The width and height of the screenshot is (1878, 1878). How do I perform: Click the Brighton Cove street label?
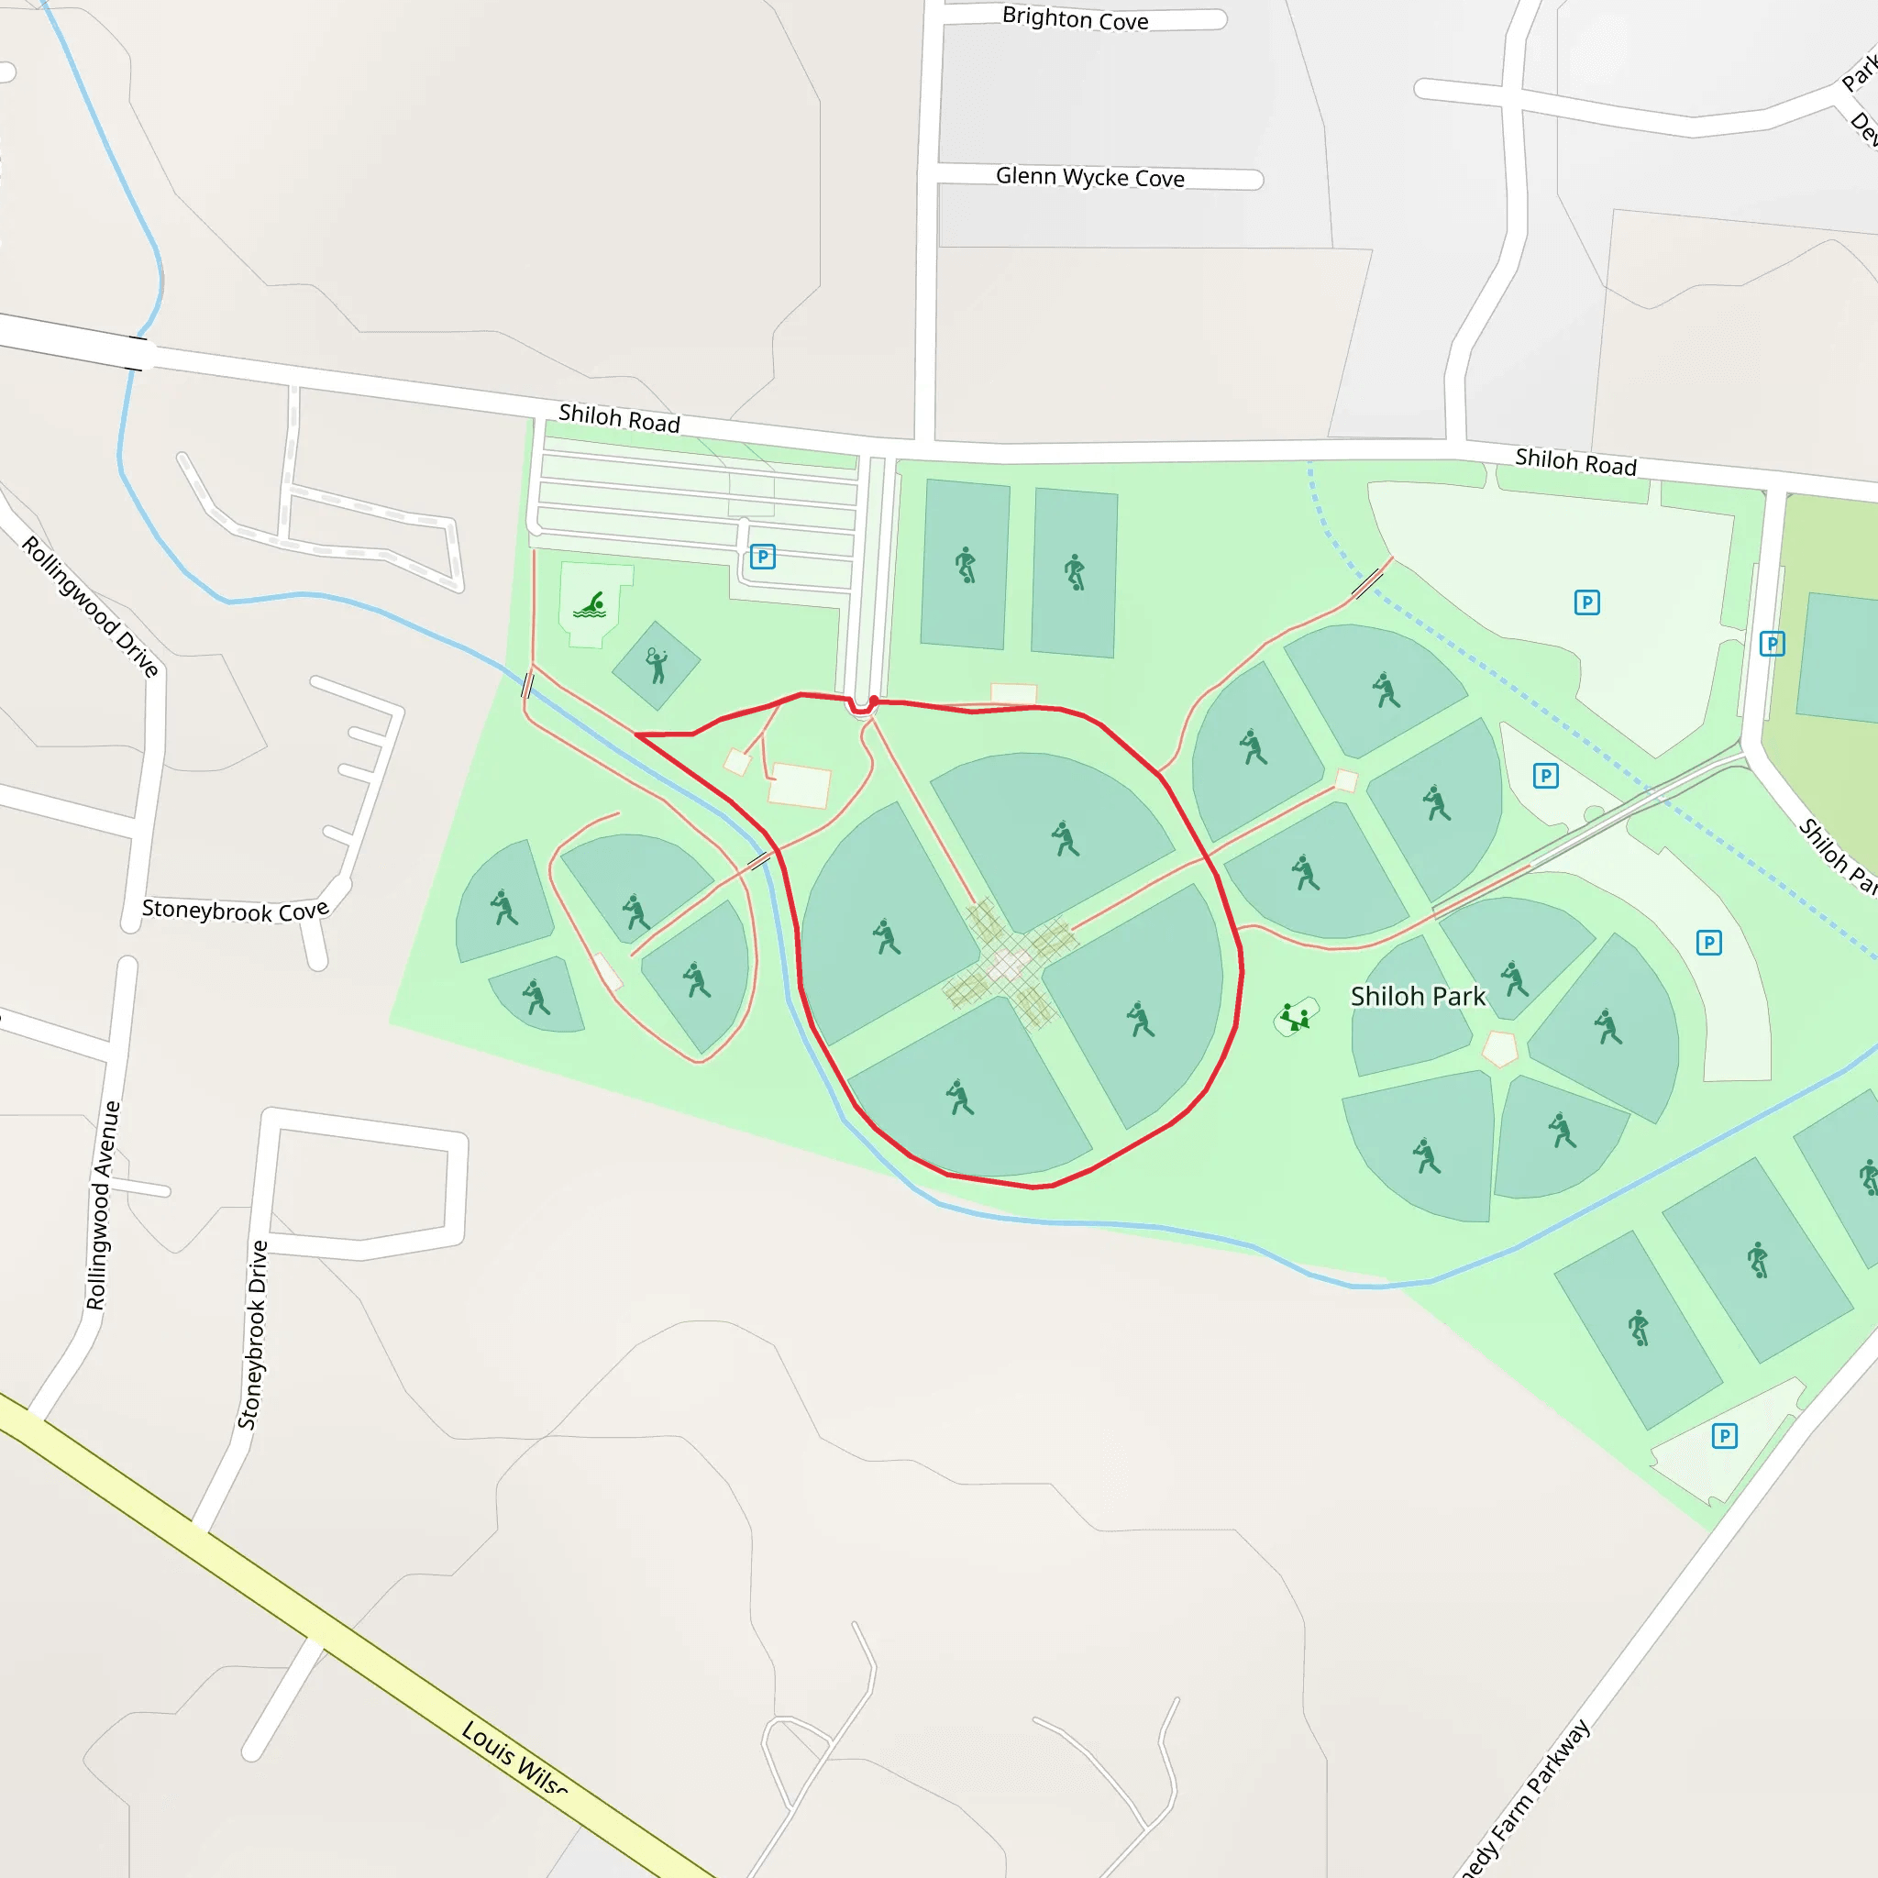tap(1074, 18)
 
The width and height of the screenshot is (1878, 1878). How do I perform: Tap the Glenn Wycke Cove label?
tap(1088, 177)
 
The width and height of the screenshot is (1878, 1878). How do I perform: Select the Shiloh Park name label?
tap(1418, 997)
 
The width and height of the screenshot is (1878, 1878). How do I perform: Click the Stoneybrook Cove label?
tap(236, 911)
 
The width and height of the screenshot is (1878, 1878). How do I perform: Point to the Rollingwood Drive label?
tap(91, 605)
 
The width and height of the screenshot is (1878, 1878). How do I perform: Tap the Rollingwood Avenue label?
tap(102, 1205)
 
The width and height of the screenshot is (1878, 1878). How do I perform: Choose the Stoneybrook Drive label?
tap(253, 1334)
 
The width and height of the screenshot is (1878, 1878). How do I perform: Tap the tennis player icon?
tap(657, 666)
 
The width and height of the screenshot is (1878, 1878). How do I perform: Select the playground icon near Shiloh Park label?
tap(1295, 1018)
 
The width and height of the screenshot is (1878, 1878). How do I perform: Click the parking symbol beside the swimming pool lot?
tap(762, 557)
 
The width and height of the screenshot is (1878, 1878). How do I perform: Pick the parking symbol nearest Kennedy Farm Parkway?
tap(1723, 1436)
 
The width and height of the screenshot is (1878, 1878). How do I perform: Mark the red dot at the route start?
tap(874, 701)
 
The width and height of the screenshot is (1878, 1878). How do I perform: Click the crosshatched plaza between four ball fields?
tap(1011, 962)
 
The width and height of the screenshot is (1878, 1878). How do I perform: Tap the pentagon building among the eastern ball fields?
tap(1500, 1049)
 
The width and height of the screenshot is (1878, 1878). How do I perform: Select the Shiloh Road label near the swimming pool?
tap(618, 419)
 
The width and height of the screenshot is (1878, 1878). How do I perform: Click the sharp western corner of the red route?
tap(636, 735)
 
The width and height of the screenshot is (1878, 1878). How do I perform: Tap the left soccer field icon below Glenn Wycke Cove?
tap(966, 565)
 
